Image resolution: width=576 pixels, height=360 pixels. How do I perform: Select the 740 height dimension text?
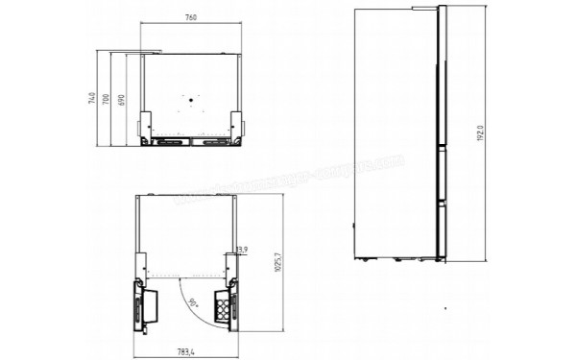(91, 98)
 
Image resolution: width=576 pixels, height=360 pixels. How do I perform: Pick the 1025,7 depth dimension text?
(276, 261)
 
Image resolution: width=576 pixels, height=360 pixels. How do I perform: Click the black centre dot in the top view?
(190, 99)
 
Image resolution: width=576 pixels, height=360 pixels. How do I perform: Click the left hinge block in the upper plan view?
(146, 125)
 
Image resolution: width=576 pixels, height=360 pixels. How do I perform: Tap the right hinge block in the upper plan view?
(233, 125)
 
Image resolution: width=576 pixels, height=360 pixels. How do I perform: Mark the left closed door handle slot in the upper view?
(168, 141)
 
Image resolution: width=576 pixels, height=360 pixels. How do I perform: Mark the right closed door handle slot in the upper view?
(210, 141)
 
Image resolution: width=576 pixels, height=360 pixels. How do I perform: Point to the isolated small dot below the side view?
(445, 308)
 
